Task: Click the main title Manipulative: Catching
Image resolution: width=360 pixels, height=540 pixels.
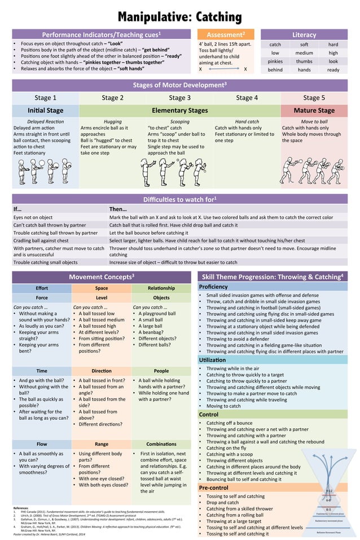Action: coord(179,15)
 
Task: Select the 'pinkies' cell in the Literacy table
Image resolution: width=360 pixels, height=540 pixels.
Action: coord(275,61)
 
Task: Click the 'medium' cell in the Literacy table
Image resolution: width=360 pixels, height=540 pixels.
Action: coord(304,52)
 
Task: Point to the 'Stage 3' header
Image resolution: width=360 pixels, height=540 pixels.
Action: coord(179,98)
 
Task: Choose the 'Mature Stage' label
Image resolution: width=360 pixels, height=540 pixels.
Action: coord(314,111)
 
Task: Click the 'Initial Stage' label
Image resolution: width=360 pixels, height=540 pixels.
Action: coord(45,111)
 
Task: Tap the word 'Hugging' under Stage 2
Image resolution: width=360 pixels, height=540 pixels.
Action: coord(112,121)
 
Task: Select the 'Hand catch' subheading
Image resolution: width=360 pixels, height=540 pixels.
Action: coord(247,121)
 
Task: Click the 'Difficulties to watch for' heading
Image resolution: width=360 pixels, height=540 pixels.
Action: coord(179,199)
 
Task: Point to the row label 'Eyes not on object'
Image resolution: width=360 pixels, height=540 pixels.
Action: coord(33,217)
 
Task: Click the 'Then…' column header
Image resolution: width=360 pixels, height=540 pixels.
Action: coord(117,209)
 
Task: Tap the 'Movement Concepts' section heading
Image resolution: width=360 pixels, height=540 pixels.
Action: coord(102,277)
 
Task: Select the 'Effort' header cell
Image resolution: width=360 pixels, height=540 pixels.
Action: coord(42,288)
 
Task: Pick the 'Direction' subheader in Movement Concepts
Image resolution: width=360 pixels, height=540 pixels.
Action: coord(102,371)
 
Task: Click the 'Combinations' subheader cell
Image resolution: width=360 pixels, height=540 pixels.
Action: coord(161,444)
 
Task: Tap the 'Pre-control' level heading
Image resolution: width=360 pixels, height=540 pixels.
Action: coord(215,488)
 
